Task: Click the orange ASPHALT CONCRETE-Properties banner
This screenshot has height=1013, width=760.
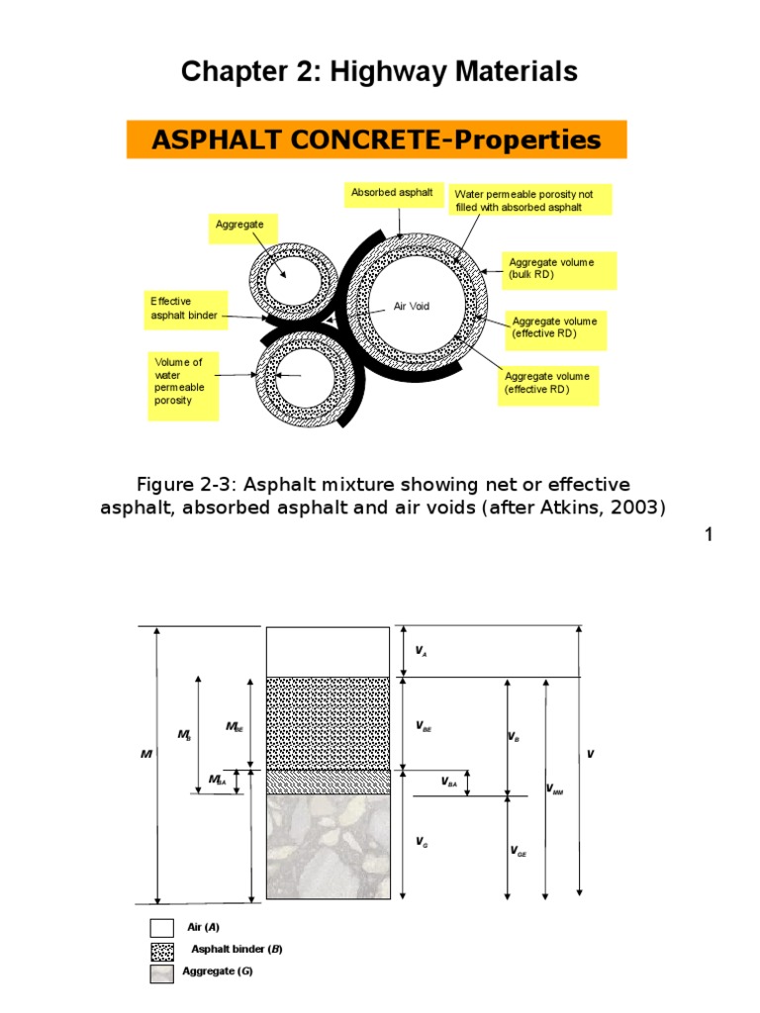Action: point(376,139)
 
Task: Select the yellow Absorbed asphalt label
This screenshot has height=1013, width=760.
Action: point(391,193)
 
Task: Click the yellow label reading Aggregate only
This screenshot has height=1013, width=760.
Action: point(240,226)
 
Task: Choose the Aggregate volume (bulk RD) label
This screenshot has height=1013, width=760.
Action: point(559,268)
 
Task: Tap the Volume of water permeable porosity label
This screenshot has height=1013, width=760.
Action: point(182,382)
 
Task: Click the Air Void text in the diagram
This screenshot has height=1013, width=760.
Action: point(413,307)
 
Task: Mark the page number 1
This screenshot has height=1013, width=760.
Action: point(709,535)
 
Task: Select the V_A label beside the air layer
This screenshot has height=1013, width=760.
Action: point(421,652)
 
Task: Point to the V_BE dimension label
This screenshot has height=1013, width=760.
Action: point(424,727)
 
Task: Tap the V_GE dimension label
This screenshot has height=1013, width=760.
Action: point(518,851)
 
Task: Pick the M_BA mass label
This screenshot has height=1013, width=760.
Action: point(218,781)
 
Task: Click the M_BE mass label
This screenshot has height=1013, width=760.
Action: point(234,727)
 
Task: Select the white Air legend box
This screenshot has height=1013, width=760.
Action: point(162,928)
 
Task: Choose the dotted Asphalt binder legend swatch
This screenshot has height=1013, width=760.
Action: point(162,951)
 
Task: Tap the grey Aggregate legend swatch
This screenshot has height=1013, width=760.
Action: point(162,973)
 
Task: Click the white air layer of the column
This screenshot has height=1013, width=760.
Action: point(328,652)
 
